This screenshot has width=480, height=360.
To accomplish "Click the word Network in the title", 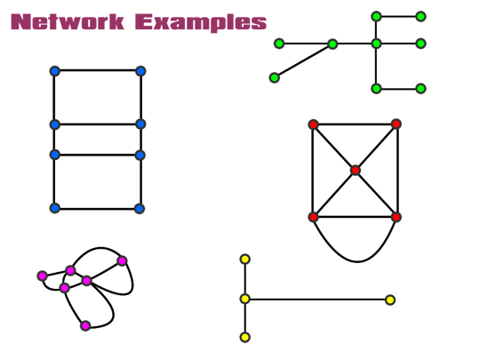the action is [x=68, y=22].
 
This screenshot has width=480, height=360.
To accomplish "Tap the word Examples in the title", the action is [x=201, y=23].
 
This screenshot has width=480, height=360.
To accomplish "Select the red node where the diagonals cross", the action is [x=355, y=170].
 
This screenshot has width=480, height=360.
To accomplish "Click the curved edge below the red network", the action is [x=357, y=261].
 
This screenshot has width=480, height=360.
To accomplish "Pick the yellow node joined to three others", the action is [x=245, y=299].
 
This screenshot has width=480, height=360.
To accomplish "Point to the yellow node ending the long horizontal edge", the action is [x=390, y=300].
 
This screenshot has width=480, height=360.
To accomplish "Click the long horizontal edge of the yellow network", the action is [x=317, y=300].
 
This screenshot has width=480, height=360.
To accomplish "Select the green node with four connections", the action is [x=376, y=44].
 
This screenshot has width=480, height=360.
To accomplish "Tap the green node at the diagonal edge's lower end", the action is [x=275, y=77].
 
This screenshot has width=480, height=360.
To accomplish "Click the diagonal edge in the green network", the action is [x=303, y=61].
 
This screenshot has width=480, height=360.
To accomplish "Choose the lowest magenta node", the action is [x=85, y=325].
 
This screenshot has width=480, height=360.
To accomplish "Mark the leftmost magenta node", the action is [x=43, y=276].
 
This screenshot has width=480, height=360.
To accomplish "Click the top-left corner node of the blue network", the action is [x=55, y=71].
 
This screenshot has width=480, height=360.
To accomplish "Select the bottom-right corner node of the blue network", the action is [x=140, y=209].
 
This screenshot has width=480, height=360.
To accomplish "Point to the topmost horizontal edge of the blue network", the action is [x=98, y=70].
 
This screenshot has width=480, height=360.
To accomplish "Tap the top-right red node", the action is [x=396, y=124].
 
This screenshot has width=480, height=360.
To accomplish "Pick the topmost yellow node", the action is [x=245, y=260].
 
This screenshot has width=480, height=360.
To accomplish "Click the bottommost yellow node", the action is [x=245, y=338].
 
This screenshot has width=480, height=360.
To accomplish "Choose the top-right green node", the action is [x=421, y=17].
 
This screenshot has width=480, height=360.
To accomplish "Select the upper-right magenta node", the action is [x=122, y=260].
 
